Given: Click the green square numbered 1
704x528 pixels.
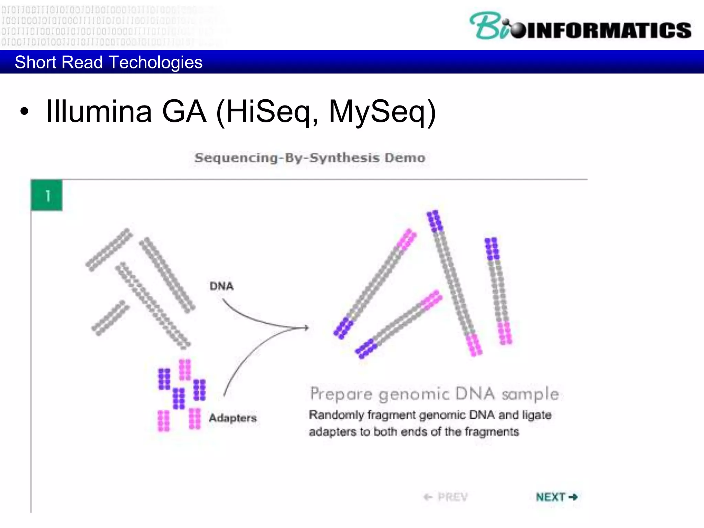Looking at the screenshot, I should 47,195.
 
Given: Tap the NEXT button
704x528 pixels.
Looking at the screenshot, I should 556,497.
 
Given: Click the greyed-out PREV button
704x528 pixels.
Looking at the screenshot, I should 446,497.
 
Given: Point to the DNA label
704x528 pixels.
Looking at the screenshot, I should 221,286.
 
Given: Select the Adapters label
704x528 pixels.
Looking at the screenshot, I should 233,418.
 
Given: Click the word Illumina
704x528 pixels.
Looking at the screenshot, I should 99,111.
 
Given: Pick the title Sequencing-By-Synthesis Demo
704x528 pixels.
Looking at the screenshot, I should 310,158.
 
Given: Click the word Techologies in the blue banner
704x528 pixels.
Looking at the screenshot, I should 155,62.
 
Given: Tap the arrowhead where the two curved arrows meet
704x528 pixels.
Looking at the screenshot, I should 306,328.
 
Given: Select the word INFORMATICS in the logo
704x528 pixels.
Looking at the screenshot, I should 608,30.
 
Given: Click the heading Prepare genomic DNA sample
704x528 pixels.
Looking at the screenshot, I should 434,394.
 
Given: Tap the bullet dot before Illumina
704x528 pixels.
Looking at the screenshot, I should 24,112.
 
